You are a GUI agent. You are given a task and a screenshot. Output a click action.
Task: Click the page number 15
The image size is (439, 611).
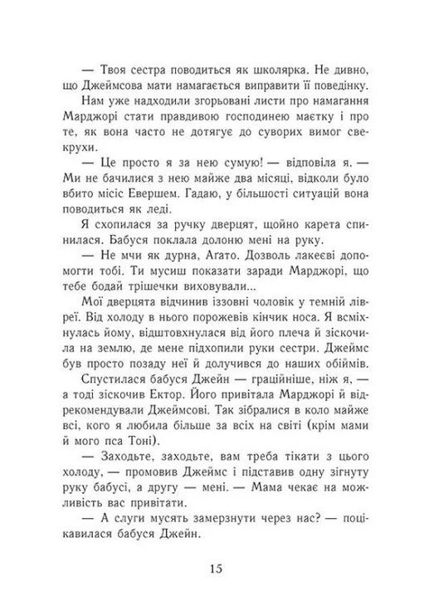(217, 569)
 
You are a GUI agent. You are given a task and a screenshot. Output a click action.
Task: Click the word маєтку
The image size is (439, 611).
(329, 123)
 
